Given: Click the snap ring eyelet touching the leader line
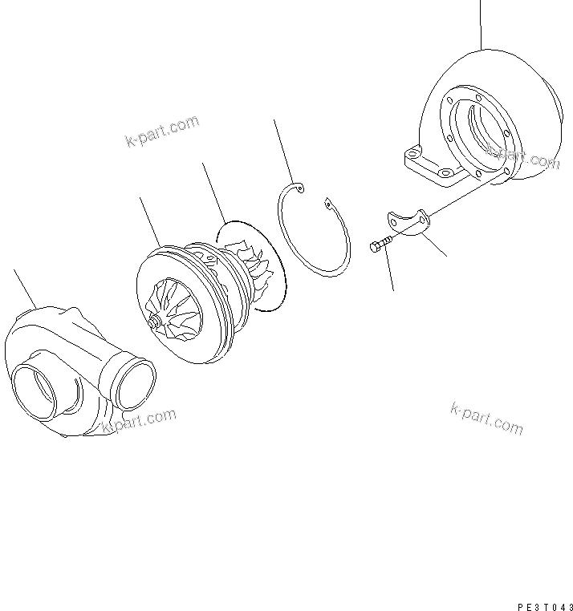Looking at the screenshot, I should tap(299, 188).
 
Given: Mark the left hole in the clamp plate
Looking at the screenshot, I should tap(393, 216).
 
